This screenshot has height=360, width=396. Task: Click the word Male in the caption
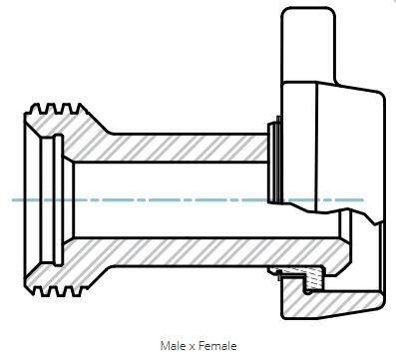(174, 346)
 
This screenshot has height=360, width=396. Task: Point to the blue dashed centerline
(188, 199)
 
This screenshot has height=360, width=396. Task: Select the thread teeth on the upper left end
(57, 109)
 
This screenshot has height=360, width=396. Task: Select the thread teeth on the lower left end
(57, 291)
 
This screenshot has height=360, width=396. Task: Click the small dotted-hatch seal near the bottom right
(313, 280)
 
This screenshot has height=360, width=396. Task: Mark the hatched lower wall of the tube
(199, 251)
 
